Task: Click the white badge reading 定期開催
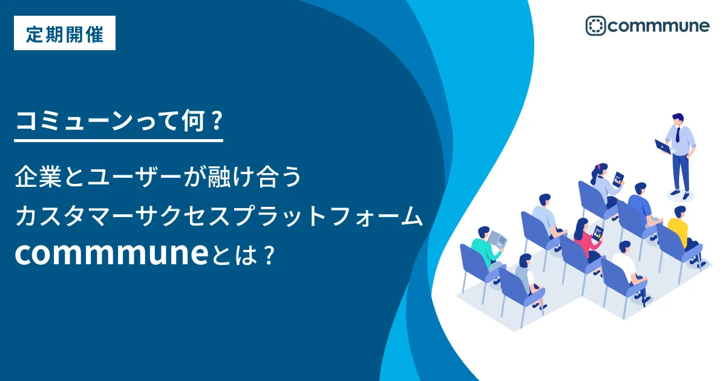[65, 33]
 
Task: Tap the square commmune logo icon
[595, 25]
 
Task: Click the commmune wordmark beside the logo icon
[659, 26]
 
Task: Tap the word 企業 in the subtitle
[38, 177]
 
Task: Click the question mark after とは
[269, 255]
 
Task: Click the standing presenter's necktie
[678, 135]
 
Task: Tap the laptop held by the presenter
[663, 147]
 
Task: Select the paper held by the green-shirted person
[497, 239]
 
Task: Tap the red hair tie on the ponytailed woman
[598, 167]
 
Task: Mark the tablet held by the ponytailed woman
[618, 179]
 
